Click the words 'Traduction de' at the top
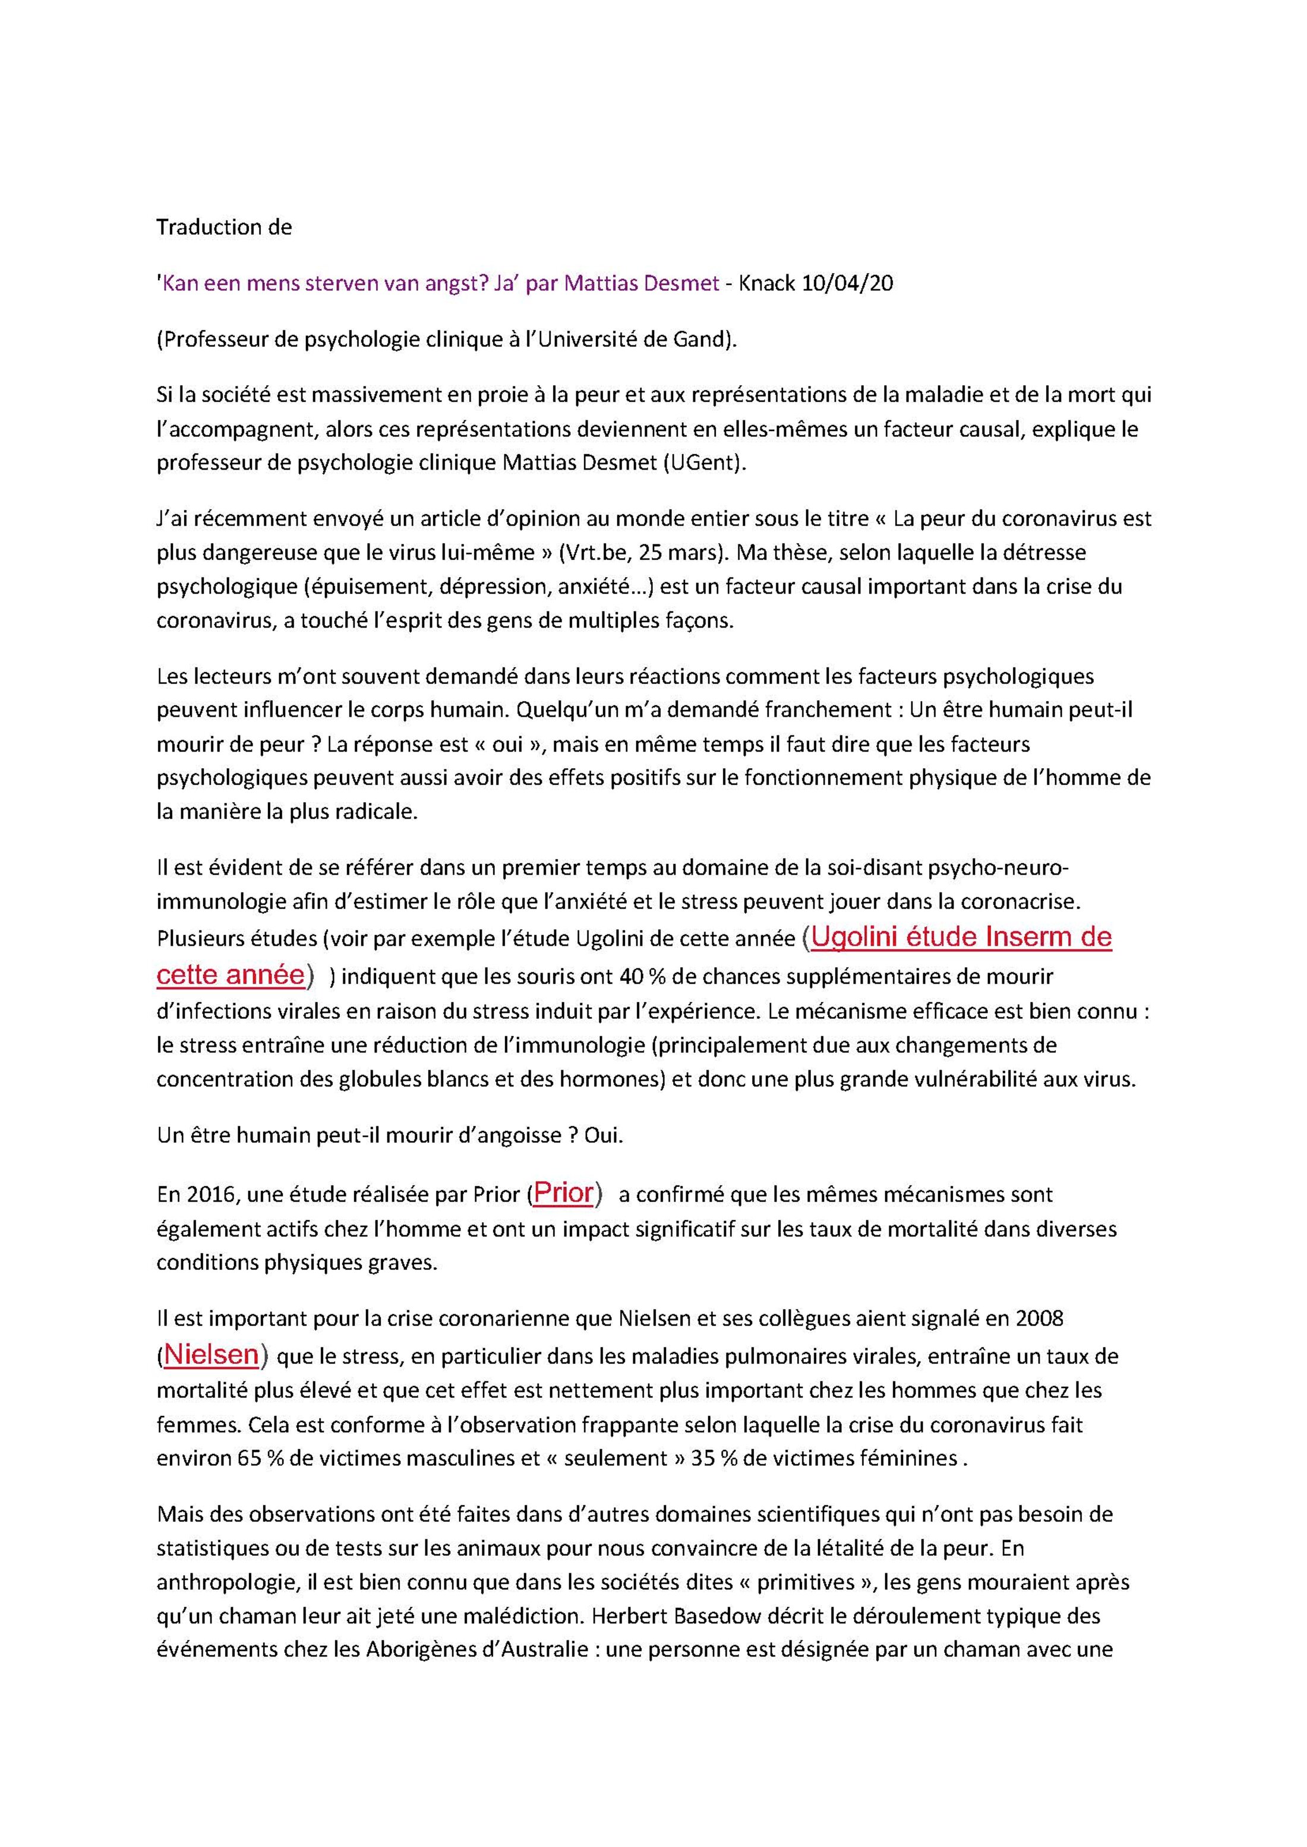pyautogui.click(x=224, y=227)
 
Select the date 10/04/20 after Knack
pyautogui.click(x=847, y=284)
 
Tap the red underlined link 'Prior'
pyautogui.click(x=563, y=1193)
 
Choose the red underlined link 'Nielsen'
pyautogui.click(x=211, y=1355)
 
